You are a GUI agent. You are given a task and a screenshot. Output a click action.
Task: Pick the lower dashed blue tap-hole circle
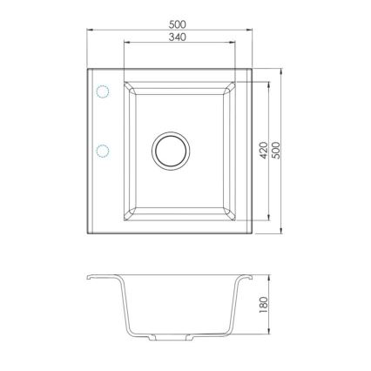coord(102,151)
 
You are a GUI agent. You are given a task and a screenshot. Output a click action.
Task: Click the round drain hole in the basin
coord(169,150)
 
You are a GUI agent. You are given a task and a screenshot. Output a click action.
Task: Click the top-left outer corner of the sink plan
coord(87,69)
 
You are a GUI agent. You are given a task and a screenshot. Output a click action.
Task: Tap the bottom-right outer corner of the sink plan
coord(252,233)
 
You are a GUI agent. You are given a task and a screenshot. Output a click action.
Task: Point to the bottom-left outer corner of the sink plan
coord(87,233)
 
